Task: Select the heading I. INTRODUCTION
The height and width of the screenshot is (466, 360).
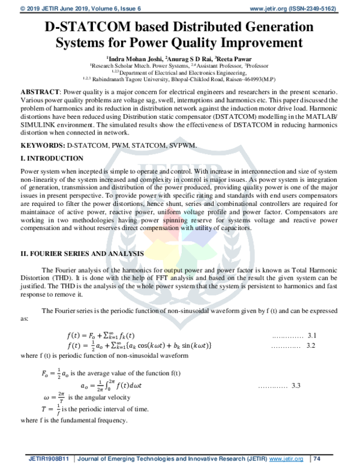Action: coord(52,158)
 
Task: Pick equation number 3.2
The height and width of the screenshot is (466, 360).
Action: coord(311,346)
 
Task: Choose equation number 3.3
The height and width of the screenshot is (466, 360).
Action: coord(296,386)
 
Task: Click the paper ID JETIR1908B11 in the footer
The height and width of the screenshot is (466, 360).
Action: coord(50,458)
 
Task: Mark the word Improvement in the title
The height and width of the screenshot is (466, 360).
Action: coord(259,43)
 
